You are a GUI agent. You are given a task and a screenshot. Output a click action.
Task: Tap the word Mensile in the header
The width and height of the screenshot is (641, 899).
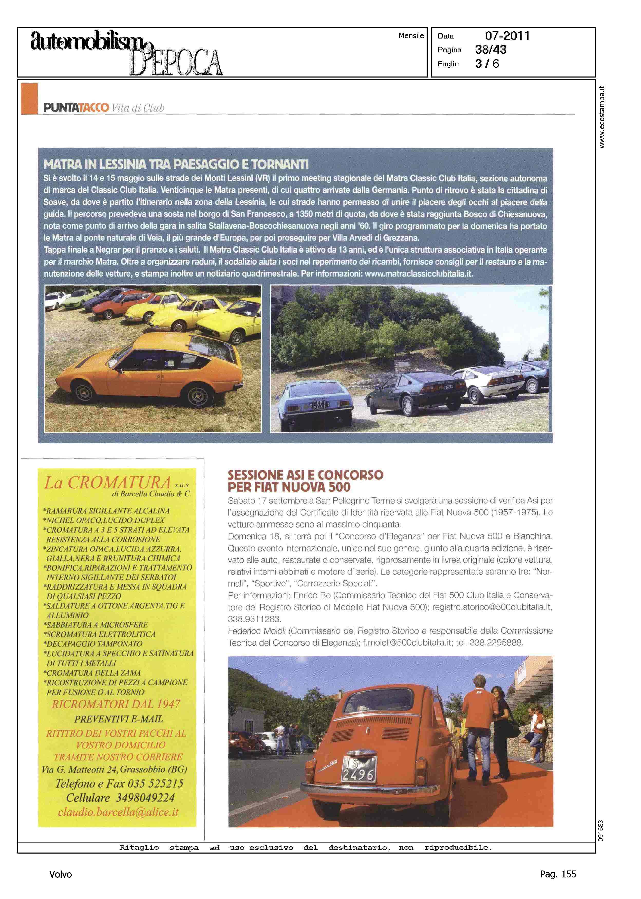point(411,35)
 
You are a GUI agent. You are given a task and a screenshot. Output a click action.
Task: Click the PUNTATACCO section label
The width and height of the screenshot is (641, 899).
point(76,108)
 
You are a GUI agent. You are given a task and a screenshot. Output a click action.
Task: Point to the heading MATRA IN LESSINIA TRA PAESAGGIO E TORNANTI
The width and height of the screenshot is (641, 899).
point(176,164)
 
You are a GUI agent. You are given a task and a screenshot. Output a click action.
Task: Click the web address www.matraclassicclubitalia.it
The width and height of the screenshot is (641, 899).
point(418,273)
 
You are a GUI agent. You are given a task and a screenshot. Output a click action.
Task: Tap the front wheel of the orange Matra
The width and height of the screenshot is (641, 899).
point(84,393)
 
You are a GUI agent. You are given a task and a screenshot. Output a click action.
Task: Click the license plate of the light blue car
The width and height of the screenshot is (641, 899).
point(318,405)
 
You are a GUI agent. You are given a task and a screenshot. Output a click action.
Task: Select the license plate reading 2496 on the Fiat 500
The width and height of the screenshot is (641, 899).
point(359,768)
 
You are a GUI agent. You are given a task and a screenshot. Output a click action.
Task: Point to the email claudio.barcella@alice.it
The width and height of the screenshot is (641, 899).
point(118,812)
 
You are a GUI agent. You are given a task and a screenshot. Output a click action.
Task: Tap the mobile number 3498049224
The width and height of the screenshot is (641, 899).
point(145,797)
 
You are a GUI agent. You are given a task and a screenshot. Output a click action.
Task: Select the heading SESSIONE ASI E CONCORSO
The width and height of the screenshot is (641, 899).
point(305,475)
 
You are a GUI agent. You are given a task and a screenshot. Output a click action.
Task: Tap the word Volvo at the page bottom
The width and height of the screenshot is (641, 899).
point(60,874)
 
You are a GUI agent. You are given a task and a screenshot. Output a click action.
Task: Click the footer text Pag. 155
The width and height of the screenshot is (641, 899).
point(558,874)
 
